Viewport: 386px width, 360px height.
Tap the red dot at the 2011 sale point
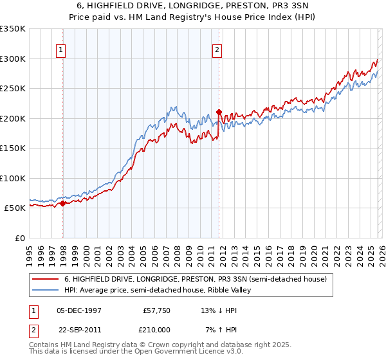coord(219,113)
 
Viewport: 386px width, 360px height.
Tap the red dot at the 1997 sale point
coord(62,204)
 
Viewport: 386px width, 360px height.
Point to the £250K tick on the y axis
coord(13,89)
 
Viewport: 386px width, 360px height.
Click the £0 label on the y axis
coord(19,238)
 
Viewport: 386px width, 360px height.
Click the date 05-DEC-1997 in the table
coord(79,310)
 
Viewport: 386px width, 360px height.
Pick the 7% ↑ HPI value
coord(216,329)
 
